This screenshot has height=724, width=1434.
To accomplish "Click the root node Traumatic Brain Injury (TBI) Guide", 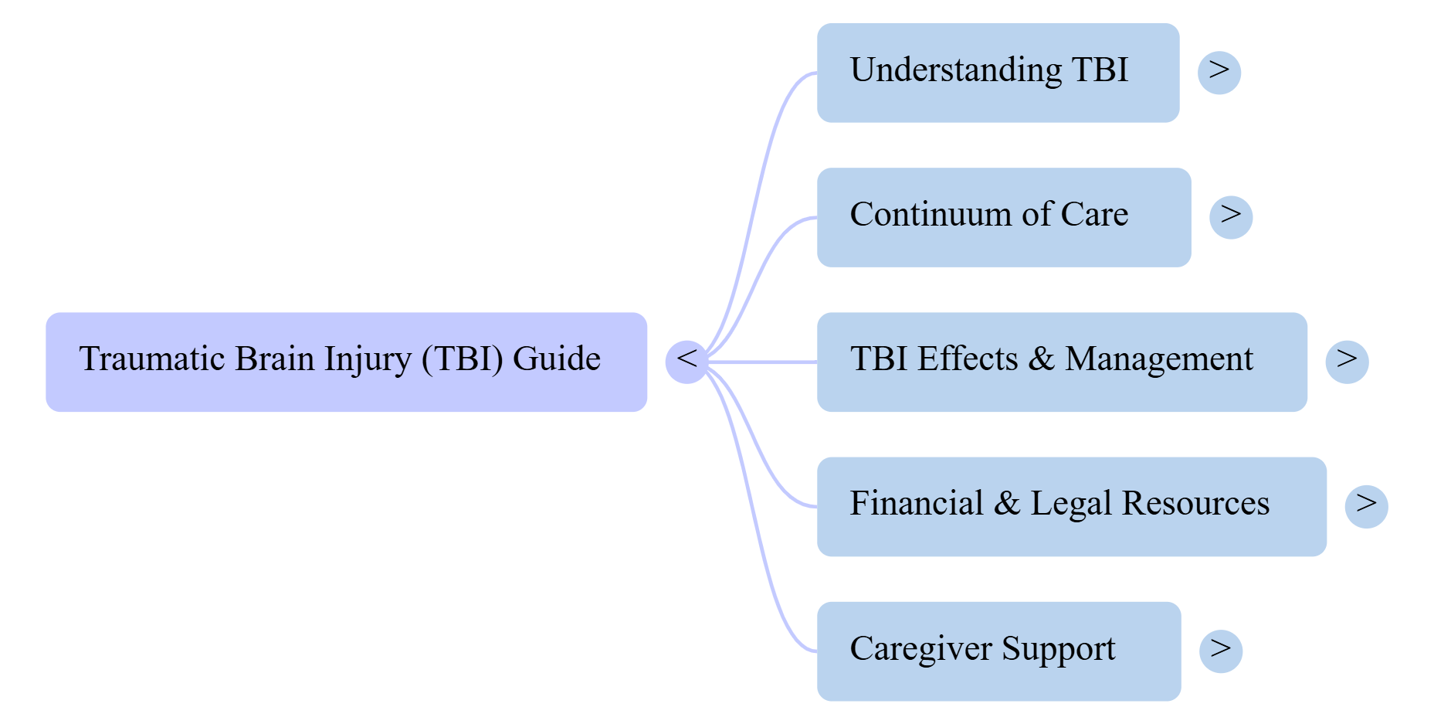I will [x=346, y=362].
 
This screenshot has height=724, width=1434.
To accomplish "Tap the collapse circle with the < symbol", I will [x=686, y=361].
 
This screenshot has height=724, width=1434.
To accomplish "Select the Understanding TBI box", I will [x=998, y=73].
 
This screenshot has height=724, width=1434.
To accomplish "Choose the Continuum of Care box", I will [x=1003, y=217].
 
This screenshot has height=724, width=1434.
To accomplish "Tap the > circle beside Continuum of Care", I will [x=1231, y=217].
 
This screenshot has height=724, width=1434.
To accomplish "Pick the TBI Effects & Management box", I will [x=1062, y=362].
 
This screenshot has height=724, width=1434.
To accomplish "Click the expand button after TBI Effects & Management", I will [x=1347, y=361].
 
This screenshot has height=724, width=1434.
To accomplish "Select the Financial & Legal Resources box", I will [x=1071, y=506].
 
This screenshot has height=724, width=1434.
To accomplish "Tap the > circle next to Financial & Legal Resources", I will [x=1366, y=506].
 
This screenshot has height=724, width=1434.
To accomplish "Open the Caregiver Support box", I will [x=998, y=651].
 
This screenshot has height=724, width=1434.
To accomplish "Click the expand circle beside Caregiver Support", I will [x=1221, y=651].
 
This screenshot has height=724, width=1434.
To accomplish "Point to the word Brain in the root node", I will [x=275, y=359].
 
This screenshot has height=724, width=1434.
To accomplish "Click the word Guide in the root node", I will [x=556, y=359].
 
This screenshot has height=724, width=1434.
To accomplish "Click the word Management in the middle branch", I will [x=1158, y=359].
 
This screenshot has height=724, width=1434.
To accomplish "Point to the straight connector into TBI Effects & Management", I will [x=764, y=362].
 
